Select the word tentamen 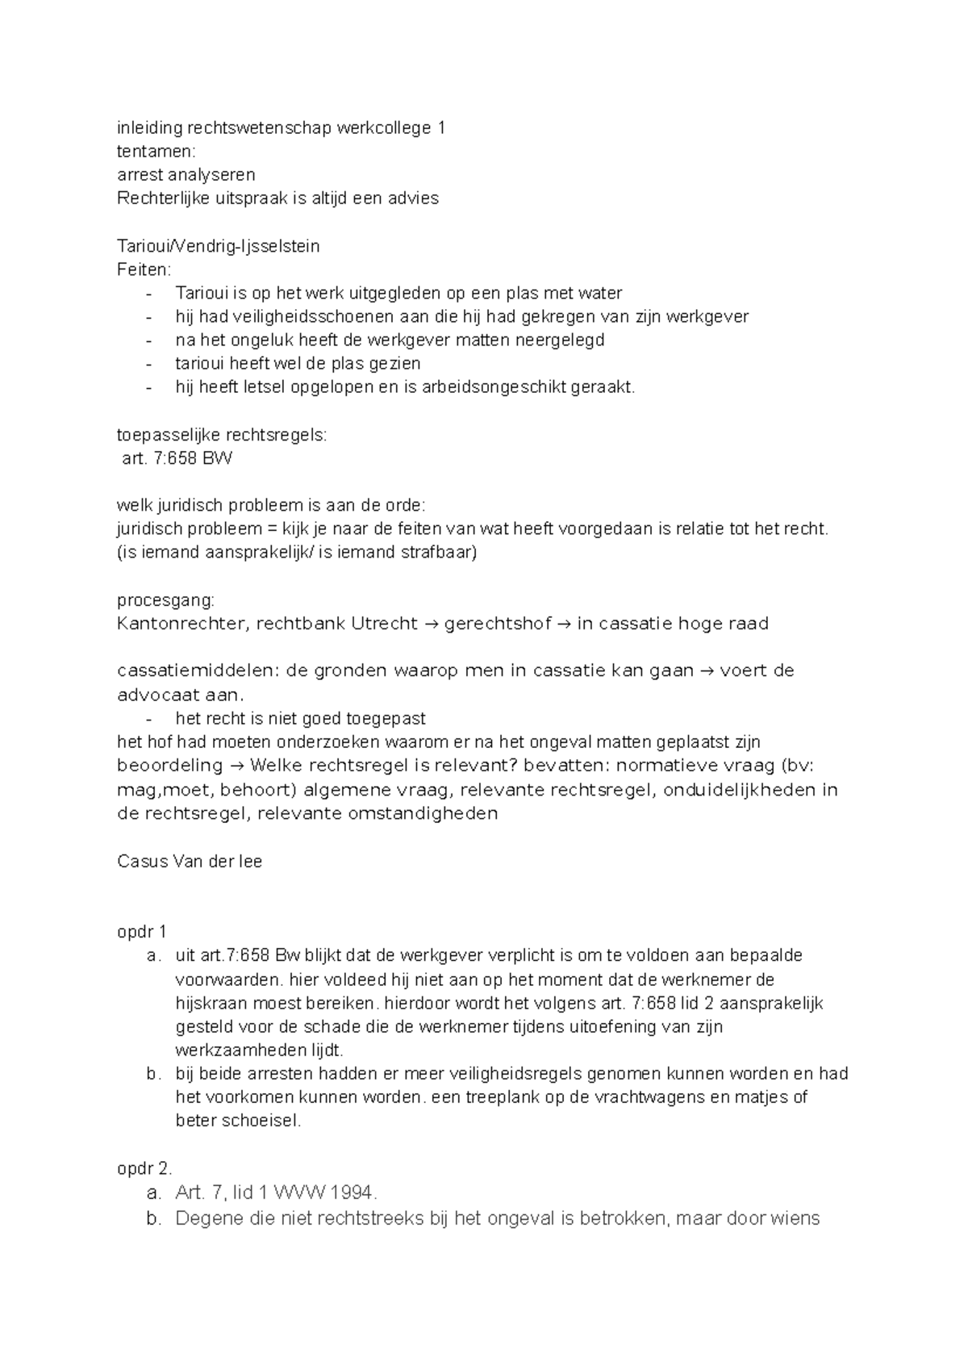click(x=156, y=151)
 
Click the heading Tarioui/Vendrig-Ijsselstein click(x=219, y=246)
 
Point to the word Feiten click(x=144, y=269)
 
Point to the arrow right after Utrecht click(x=432, y=624)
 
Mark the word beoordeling click(x=169, y=765)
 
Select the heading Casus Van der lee click(x=190, y=861)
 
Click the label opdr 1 click(x=141, y=932)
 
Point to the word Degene click(x=205, y=1218)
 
